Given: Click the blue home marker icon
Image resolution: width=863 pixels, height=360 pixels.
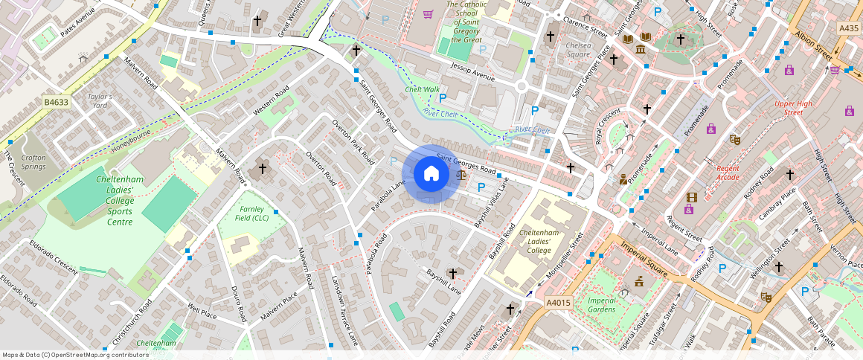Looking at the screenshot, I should pyautogui.click(x=431, y=174).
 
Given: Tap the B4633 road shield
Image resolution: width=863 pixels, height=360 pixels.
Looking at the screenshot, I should pyautogui.click(x=55, y=103).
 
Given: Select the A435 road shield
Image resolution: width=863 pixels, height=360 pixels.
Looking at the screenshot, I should pyautogui.click(x=848, y=28).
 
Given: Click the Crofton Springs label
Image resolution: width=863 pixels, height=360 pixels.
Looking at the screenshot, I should pyautogui.click(x=33, y=161).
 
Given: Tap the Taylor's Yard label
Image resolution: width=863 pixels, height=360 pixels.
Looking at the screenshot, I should pyautogui.click(x=100, y=101).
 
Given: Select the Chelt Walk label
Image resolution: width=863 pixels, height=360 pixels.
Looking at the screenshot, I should pyautogui.click(x=422, y=89).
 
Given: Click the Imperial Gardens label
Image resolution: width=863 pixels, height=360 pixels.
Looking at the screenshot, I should pyautogui.click(x=601, y=304).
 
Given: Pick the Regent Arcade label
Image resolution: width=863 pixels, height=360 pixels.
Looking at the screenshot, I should pyautogui.click(x=728, y=173).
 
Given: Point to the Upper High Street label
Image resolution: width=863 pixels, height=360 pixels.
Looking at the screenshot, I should pyautogui.click(x=793, y=108).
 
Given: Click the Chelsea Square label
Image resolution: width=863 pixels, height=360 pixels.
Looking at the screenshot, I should pyautogui.click(x=579, y=50).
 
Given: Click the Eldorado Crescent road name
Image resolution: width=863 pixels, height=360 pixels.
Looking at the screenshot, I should pyautogui.click(x=53, y=257).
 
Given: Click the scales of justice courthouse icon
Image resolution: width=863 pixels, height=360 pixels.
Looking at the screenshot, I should pyautogui.click(x=462, y=175).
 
